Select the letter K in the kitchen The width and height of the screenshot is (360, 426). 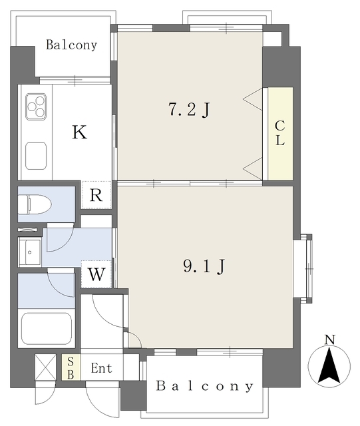coord(79,132)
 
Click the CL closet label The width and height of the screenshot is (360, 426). coord(279,133)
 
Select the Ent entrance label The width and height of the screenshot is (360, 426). coord(102,368)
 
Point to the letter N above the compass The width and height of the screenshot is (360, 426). coord(329,340)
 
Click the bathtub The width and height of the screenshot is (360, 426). coord(47,327)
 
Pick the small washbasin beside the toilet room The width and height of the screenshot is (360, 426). coord(30,251)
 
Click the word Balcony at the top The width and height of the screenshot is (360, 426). coord(71,45)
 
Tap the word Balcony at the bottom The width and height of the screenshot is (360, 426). coord(205,386)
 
